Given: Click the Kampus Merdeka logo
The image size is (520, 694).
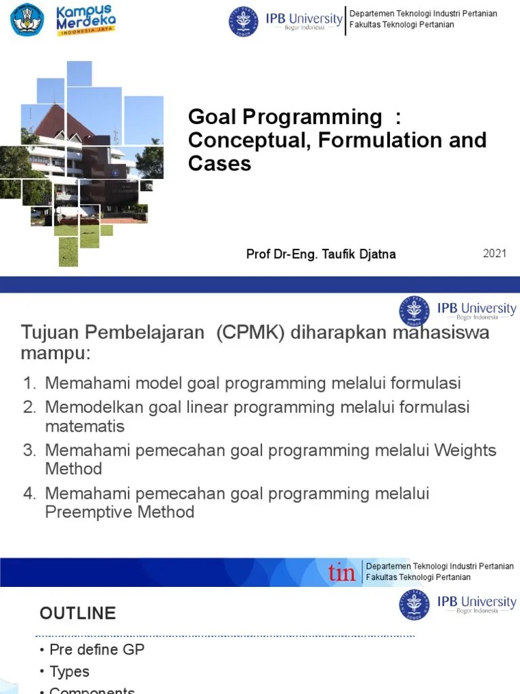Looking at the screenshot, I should click(x=85, y=20).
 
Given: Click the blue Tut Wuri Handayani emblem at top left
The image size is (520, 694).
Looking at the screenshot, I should click(x=28, y=20).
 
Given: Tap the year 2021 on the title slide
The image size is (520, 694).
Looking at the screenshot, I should click(x=494, y=253).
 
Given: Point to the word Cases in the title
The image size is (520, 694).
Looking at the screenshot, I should click(x=219, y=163).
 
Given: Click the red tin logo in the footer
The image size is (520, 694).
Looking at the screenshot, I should click(x=342, y=573).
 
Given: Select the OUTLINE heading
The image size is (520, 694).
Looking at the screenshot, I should click(x=78, y=613).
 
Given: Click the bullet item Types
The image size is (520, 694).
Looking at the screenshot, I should click(x=69, y=672).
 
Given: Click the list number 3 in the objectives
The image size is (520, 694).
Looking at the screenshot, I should click(x=29, y=451).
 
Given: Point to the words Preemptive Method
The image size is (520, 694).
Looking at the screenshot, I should click(x=120, y=512).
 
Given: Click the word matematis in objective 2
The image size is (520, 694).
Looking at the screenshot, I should click(x=85, y=426).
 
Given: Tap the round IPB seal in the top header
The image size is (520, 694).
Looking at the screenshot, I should click(x=243, y=21).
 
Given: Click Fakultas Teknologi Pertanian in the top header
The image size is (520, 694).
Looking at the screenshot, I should click(x=402, y=25).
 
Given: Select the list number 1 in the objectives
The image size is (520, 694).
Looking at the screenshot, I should click(x=29, y=384).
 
